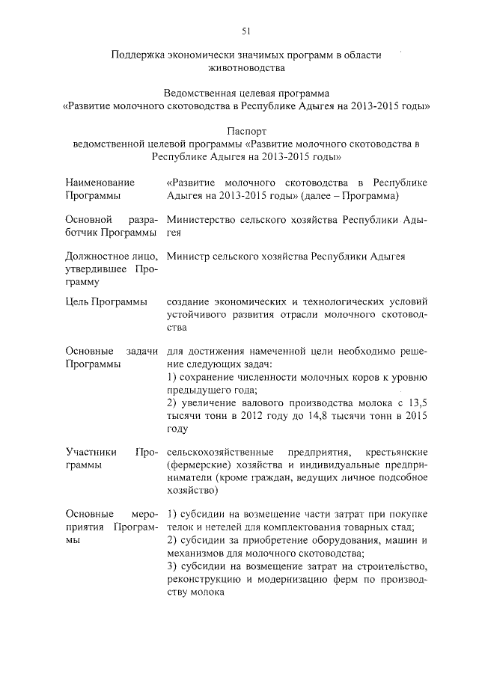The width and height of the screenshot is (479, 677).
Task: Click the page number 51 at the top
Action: pos(246,31)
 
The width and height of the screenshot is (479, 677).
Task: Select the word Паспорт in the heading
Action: pos(246,131)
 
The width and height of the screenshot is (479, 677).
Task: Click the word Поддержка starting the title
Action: pos(137,55)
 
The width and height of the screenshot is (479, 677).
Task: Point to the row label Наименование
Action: pos(100,183)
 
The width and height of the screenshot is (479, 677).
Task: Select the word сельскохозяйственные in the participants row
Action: pos(223,453)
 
